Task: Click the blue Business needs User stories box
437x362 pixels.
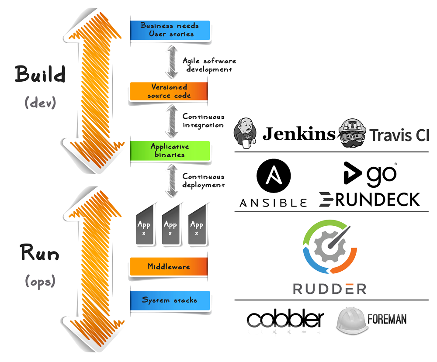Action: point(170,30)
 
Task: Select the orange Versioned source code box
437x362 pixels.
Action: point(169,91)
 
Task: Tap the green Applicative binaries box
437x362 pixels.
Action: point(170,150)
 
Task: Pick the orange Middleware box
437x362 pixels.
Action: point(169,266)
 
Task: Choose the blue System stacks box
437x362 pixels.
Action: point(170,300)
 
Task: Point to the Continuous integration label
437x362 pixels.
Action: point(203,121)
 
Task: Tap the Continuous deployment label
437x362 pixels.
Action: point(203,181)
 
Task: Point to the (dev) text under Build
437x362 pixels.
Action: point(40,103)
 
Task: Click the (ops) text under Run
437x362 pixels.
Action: point(40,281)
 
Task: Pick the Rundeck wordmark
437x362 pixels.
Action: point(369,199)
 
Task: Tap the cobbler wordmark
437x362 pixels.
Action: point(285,320)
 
